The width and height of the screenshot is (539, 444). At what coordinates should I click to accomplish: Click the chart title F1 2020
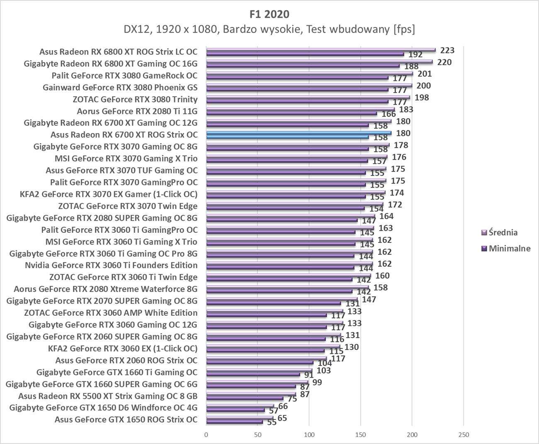click(x=269, y=14)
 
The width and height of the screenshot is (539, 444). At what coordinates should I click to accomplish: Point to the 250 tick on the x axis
click(x=464, y=434)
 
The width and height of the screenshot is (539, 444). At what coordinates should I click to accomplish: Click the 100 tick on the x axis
click(x=309, y=434)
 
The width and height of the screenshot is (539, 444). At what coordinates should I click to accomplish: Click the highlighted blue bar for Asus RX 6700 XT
click(x=299, y=133)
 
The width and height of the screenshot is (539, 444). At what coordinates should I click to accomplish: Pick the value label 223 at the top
click(x=447, y=50)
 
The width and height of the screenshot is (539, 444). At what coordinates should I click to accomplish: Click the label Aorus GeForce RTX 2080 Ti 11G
click(x=137, y=111)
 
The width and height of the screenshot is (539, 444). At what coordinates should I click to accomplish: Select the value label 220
click(x=444, y=62)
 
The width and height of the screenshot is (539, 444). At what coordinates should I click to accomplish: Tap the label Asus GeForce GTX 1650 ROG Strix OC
click(x=126, y=420)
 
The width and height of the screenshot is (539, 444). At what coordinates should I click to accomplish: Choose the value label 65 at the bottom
click(x=282, y=418)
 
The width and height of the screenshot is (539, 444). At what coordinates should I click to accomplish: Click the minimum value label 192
click(x=415, y=55)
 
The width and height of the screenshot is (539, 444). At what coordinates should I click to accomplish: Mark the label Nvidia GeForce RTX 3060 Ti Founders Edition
click(x=111, y=265)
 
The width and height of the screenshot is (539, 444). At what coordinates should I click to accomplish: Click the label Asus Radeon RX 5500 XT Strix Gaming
click(x=108, y=396)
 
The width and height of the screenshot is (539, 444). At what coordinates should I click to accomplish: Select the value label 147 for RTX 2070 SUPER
click(x=369, y=299)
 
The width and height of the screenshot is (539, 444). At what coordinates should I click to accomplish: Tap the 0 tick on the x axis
click(x=206, y=434)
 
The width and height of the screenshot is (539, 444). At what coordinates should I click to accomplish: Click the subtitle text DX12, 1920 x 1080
click(x=269, y=29)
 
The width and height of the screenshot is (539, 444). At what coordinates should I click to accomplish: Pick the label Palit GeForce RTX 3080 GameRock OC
click(x=124, y=76)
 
